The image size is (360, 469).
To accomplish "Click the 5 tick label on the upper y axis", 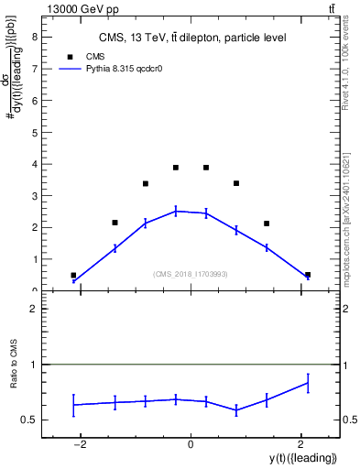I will (x=34, y=133).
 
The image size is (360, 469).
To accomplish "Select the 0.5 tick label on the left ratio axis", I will (x=29, y=420).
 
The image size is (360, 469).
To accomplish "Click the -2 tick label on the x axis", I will (x=80, y=444).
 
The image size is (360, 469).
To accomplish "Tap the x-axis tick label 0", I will (x=191, y=444).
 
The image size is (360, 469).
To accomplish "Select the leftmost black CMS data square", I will (x=73, y=275).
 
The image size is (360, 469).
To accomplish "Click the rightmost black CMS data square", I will (x=308, y=275).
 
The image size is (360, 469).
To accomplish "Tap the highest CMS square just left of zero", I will (x=176, y=168).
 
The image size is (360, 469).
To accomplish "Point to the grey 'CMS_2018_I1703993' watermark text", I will (x=191, y=274).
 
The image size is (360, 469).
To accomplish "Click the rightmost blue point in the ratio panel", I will (x=308, y=383).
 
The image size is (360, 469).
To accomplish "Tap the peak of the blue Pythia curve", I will (x=176, y=211).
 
